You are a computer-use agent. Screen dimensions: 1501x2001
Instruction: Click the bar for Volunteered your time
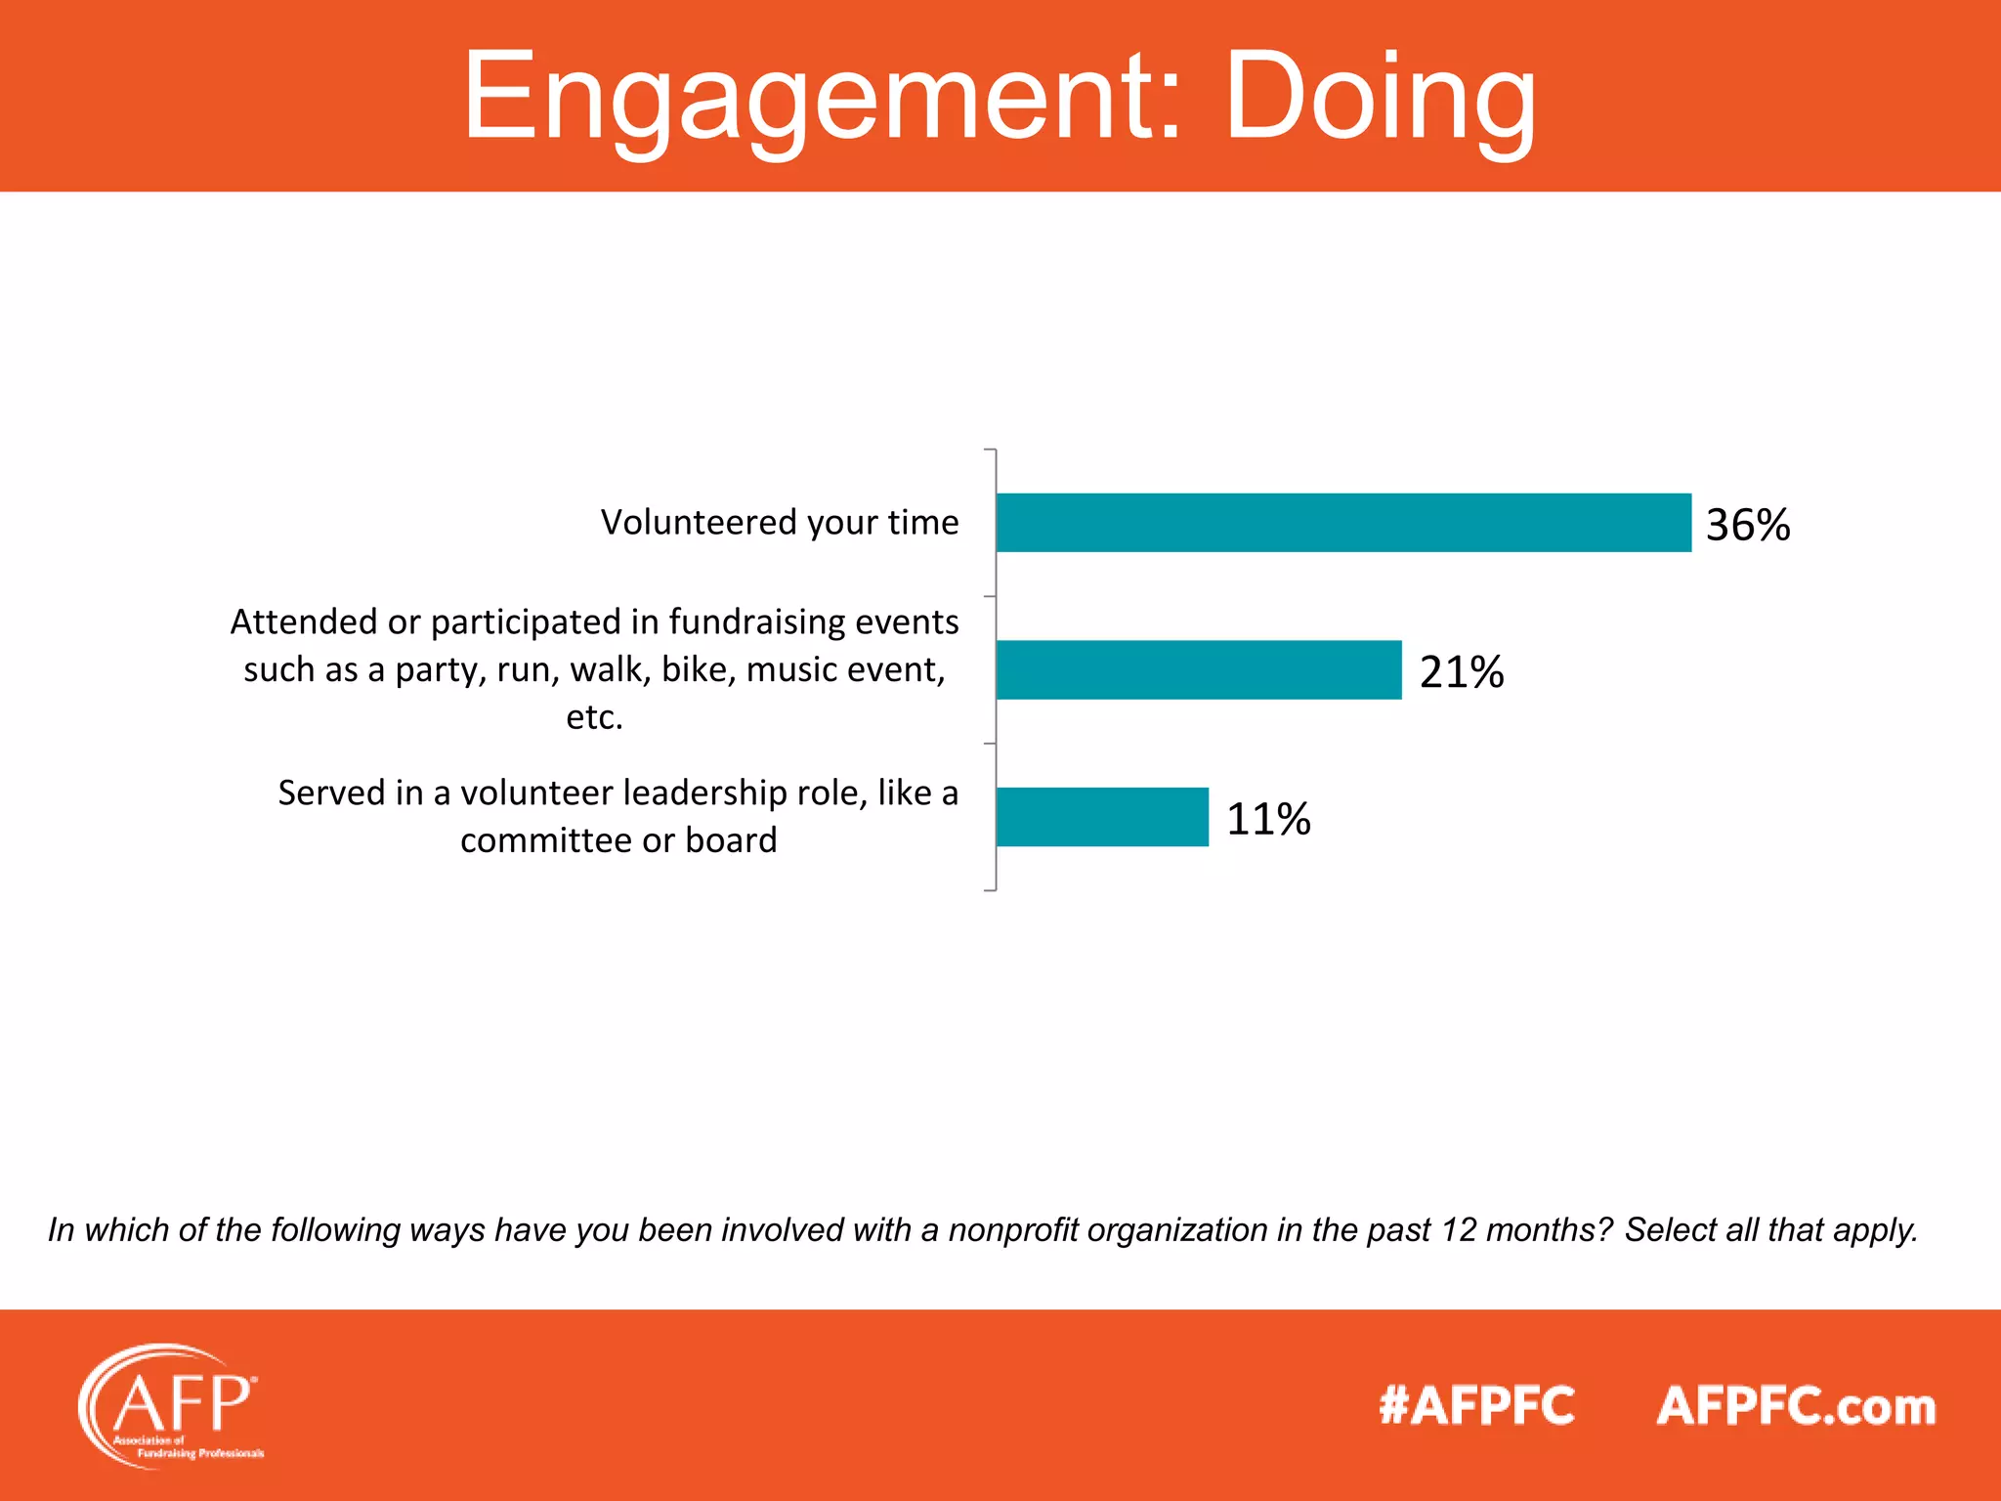pyautogui.click(x=1343, y=523)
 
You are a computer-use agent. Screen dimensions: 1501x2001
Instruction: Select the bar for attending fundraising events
pyautogui.click(x=1199, y=670)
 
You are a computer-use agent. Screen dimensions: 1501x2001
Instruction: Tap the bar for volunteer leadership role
pyautogui.click(x=1102, y=817)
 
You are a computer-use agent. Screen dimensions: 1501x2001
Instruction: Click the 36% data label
pyautogui.click(x=1747, y=525)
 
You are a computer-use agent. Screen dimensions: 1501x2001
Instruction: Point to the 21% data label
pyautogui.click(x=1461, y=672)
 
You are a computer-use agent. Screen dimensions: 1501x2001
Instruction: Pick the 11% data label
pyautogui.click(x=1267, y=819)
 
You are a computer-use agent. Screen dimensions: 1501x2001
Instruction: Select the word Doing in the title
pyautogui.click(x=1380, y=98)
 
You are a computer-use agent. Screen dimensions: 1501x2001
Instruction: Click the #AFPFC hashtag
pyautogui.click(x=1476, y=1406)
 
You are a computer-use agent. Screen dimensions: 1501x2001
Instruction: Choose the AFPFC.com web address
pyautogui.click(x=1796, y=1406)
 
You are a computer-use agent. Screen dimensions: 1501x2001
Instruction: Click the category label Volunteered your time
pyautogui.click(x=779, y=522)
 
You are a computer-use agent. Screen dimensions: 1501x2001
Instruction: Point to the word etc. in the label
pyautogui.click(x=594, y=717)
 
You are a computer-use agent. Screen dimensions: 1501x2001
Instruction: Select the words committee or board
pyautogui.click(x=618, y=840)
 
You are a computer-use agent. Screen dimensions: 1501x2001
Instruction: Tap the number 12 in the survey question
pyautogui.click(x=1459, y=1229)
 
